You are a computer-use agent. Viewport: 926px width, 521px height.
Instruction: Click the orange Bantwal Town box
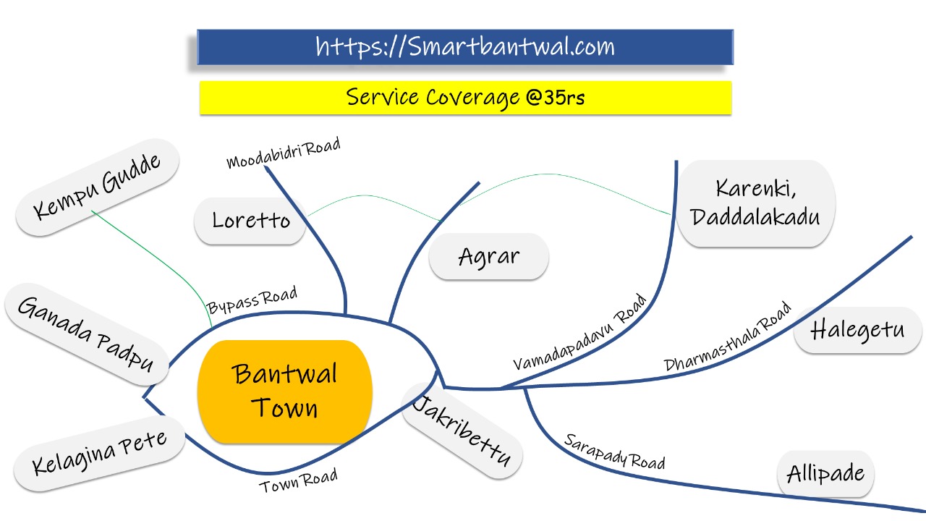285,391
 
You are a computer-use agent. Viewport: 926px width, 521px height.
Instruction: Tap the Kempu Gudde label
98,187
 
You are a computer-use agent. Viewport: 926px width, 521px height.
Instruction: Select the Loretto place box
250,221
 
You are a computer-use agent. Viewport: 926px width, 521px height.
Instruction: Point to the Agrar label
489,256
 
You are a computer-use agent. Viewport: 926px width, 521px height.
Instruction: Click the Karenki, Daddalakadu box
755,203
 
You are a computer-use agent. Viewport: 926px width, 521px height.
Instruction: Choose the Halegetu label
857,330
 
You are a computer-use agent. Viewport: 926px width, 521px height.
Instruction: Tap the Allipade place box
825,474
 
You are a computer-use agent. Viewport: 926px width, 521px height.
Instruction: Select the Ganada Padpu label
86,334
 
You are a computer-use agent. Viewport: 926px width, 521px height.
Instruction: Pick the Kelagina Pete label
99,451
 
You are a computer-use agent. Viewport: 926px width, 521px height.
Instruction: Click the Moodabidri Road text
283,153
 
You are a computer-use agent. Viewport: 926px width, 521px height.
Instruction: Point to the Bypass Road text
252,300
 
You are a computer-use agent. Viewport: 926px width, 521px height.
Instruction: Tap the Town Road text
299,481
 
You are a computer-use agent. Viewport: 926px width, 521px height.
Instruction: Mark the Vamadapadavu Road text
579,333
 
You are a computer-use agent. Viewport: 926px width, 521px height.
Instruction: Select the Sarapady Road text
614,451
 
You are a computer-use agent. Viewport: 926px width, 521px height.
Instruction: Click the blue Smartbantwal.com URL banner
464,47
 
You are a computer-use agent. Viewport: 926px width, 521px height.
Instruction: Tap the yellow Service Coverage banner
464,97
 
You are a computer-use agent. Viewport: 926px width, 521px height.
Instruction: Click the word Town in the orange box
285,408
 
